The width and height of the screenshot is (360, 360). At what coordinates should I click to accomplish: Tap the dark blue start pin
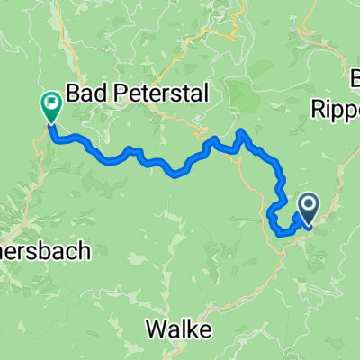pyautogui.click(x=308, y=208)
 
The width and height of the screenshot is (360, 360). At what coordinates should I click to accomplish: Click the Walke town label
pyautogui.click(x=181, y=330)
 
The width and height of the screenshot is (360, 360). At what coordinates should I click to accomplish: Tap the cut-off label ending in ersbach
pyautogui.click(x=45, y=253)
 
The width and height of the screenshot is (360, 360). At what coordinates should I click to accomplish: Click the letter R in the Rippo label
pyautogui.click(x=319, y=109)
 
